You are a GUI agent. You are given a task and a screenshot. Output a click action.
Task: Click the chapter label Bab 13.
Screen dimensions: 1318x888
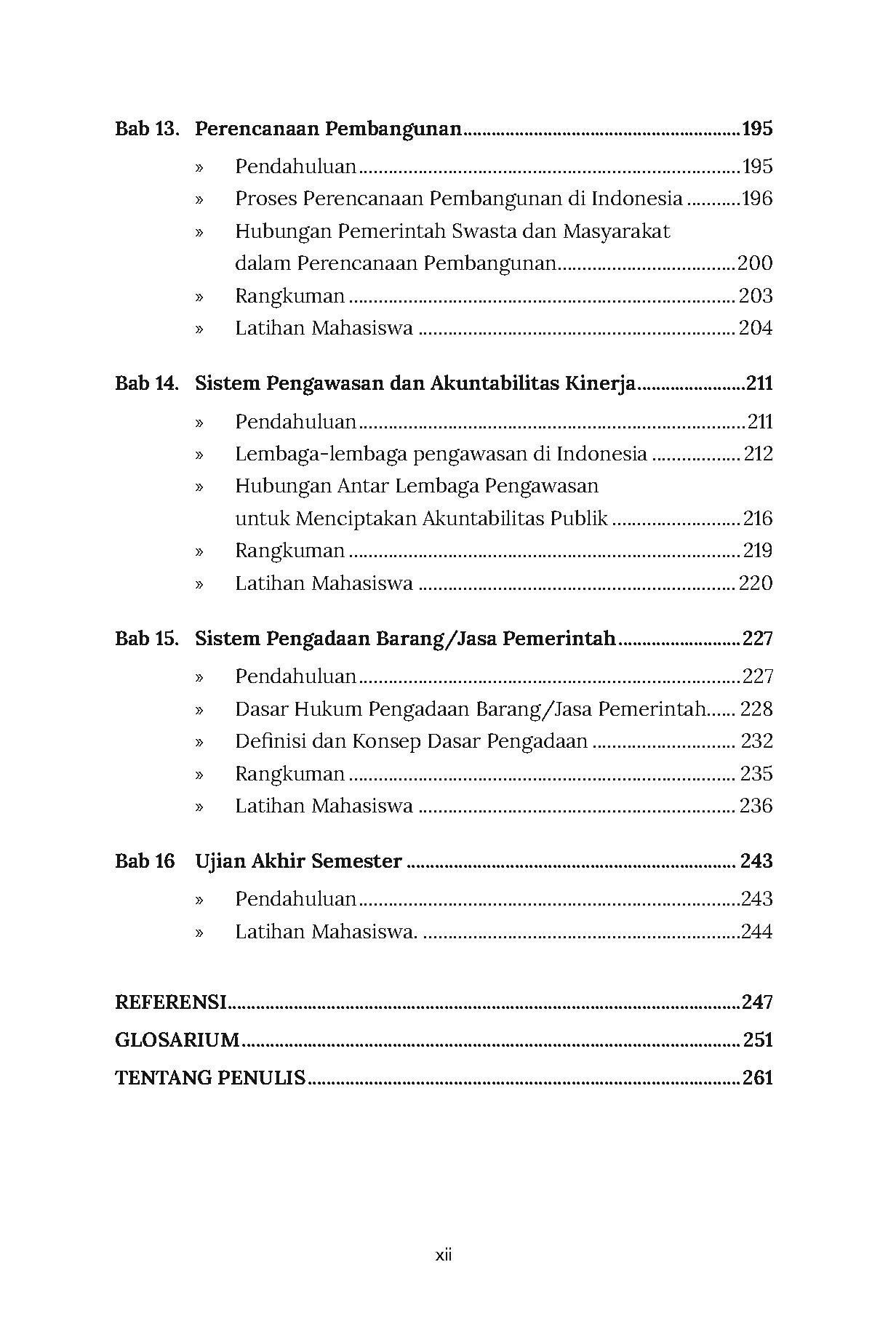pyautogui.click(x=147, y=129)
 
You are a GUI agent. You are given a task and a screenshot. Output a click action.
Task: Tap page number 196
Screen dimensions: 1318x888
pyautogui.click(x=756, y=199)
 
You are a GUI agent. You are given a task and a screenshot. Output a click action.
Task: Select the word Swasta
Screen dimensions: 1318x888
pyautogui.click(x=481, y=231)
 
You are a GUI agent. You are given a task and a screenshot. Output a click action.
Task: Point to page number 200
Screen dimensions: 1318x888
pyautogui.click(x=755, y=263)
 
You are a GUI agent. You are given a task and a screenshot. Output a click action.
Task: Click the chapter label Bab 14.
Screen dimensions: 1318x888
pyautogui.click(x=147, y=383)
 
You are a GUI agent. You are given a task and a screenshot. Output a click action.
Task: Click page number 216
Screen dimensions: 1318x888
pyautogui.click(x=757, y=519)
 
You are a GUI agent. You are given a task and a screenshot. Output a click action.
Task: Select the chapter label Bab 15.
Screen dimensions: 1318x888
pyautogui.click(x=147, y=639)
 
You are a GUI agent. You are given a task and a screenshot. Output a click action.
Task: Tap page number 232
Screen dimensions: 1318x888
pyautogui.click(x=756, y=741)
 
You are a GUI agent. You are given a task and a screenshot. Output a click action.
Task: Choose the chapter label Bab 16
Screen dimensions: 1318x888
pyautogui.click(x=145, y=861)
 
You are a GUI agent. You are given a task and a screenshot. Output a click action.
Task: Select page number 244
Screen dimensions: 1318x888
pyautogui.click(x=756, y=932)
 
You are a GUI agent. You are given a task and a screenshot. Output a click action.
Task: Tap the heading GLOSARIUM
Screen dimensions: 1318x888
pyautogui.click(x=177, y=1040)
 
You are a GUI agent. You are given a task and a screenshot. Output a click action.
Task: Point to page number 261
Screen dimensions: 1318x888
pyautogui.click(x=757, y=1078)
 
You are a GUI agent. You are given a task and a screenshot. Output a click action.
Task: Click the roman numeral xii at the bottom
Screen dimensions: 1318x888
pyautogui.click(x=444, y=1255)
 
